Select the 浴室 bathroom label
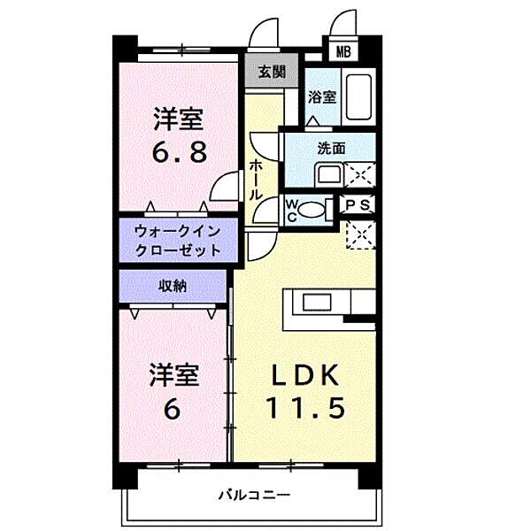pyautogui.click(x=320, y=97)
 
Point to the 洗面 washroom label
pyautogui.click(x=332, y=149)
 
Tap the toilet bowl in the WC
pyautogui.click(x=311, y=210)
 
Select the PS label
pyautogui.click(x=359, y=205)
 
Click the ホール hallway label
pyautogui.click(x=256, y=178)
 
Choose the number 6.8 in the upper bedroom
pyautogui.click(x=180, y=151)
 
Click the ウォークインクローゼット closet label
pyautogui.click(x=177, y=241)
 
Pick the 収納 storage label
pyautogui.click(x=173, y=285)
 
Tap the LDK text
pyautogui.click(x=304, y=376)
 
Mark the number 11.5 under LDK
pyautogui.click(x=304, y=408)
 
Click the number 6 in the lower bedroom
pyautogui.click(x=171, y=410)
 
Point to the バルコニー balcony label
pyautogui.click(x=254, y=494)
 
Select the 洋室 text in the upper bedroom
pyautogui.click(x=180, y=118)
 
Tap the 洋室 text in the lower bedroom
pyautogui.click(x=173, y=375)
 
